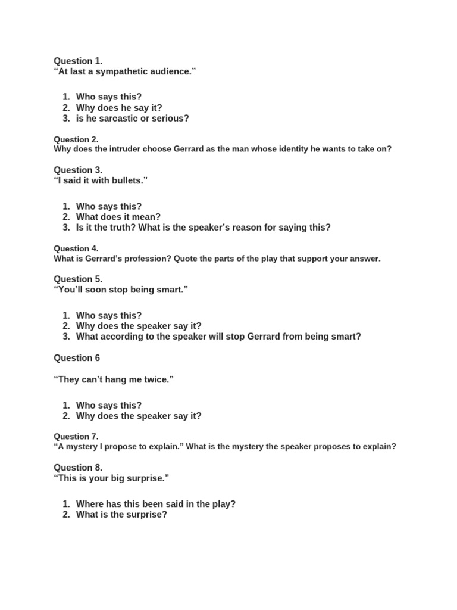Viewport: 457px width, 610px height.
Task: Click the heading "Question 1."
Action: (x=78, y=61)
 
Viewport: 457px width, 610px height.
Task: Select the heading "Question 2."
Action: (x=76, y=139)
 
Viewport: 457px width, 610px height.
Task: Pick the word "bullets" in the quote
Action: (x=127, y=180)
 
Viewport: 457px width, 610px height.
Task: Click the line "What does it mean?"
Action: (x=118, y=217)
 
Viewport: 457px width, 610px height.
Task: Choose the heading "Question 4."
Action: (x=76, y=248)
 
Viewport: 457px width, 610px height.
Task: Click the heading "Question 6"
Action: (x=77, y=358)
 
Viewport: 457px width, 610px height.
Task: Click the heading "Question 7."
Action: (x=76, y=436)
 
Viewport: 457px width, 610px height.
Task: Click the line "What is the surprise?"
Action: (x=121, y=514)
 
